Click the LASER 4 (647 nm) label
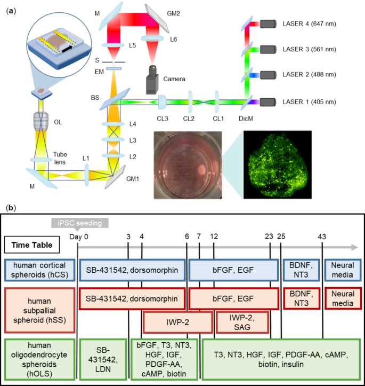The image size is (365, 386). tap(309, 24)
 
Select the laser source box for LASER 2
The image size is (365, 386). tap(268, 75)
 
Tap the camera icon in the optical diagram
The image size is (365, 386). tap(152, 80)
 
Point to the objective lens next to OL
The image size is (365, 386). tap(41, 121)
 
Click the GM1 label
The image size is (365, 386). tap(133, 179)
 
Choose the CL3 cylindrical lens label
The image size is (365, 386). tap(163, 119)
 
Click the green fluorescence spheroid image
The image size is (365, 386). tap(278, 164)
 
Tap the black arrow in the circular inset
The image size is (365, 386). tap(67, 49)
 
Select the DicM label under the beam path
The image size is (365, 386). tap(246, 119)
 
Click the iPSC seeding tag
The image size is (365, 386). tap(80, 223)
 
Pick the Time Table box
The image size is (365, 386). tap(32, 245)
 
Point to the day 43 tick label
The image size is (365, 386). tap(322, 237)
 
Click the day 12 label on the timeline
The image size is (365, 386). tap(214, 237)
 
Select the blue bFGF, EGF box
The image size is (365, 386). tap(233, 270)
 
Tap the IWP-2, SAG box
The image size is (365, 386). tap(242, 322)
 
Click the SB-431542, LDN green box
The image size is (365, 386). tap(103, 359)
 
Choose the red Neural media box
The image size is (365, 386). tap(343, 298)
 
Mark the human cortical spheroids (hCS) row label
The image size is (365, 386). tap(39, 270)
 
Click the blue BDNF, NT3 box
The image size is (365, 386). tap(301, 270)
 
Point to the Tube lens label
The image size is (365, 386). tap(60, 158)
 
